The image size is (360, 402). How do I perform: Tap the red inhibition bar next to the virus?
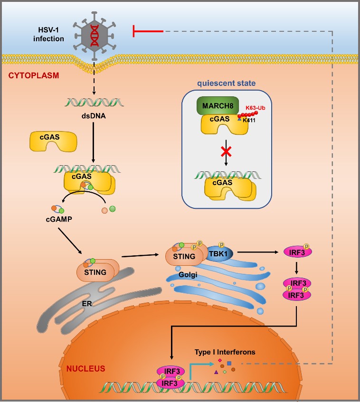tap(147, 31)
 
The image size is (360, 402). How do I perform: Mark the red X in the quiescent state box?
tap(226, 151)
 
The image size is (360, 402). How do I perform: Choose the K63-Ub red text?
tap(256, 108)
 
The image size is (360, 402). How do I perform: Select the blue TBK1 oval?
tap(219, 254)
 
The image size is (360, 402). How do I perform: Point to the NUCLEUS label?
tap(86, 368)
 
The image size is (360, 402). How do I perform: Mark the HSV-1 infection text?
tap(48, 34)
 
